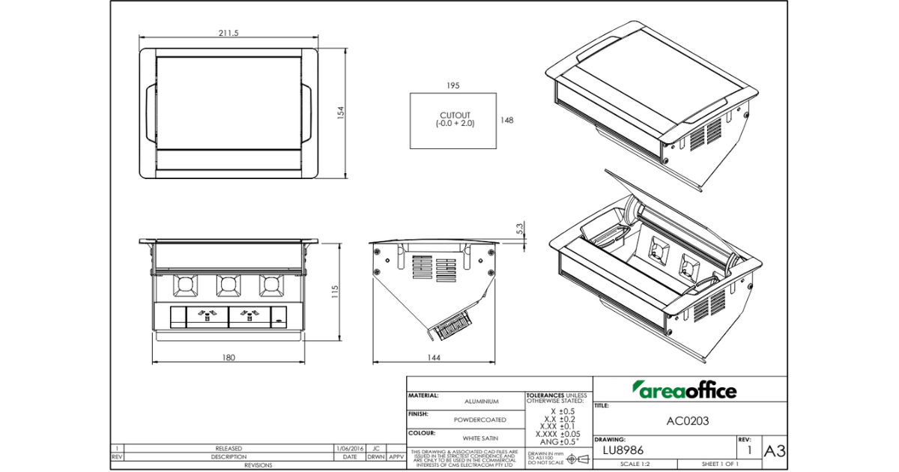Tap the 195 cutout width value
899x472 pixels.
[x=452, y=85]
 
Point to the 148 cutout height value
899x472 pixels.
[x=506, y=120]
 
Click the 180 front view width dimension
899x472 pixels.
[x=228, y=357]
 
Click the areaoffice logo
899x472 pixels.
[x=685, y=390]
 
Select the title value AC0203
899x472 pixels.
[x=687, y=421]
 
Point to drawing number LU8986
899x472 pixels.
[x=623, y=450]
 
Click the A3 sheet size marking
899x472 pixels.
[x=774, y=451]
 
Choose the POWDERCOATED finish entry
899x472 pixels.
[x=479, y=420]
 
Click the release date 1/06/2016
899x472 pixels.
[x=349, y=448]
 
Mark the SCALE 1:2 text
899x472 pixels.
[x=635, y=465]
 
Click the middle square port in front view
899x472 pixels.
[x=228, y=285]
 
